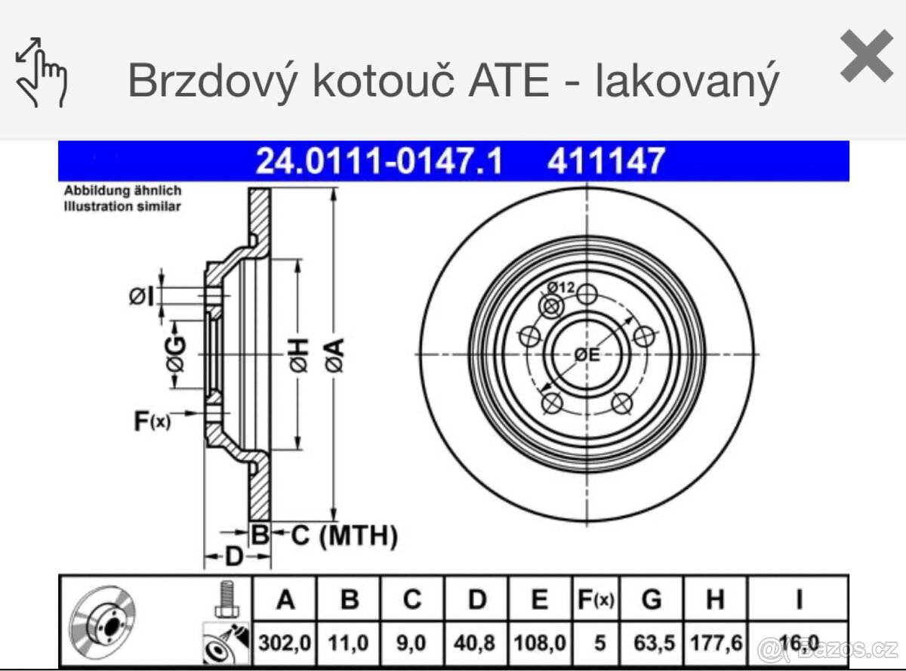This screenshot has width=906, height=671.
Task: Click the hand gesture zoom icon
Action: pyautogui.click(x=41, y=73)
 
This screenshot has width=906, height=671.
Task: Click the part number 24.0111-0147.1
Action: pyautogui.click(x=379, y=162)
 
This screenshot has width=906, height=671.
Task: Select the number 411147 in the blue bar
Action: pyautogui.click(x=607, y=162)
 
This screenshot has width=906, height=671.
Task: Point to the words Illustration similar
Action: pyautogui.click(x=122, y=206)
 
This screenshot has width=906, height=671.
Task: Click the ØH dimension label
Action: pyautogui.click(x=300, y=356)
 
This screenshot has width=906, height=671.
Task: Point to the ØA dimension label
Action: pyautogui.click(x=334, y=355)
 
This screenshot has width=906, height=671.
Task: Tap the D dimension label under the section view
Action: pyautogui.click(x=235, y=558)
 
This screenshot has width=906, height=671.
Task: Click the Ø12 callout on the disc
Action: pyautogui.click(x=561, y=287)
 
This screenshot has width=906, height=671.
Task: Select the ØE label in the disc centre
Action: pyautogui.click(x=586, y=354)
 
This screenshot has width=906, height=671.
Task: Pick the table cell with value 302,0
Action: pyautogui.click(x=285, y=644)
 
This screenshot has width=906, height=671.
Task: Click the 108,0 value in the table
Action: pyautogui.click(x=538, y=644)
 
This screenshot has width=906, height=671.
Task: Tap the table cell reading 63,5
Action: pyautogui.click(x=651, y=644)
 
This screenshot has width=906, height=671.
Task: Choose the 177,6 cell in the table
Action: pyautogui.click(x=715, y=644)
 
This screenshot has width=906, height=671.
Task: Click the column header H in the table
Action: pyautogui.click(x=714, y=600)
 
